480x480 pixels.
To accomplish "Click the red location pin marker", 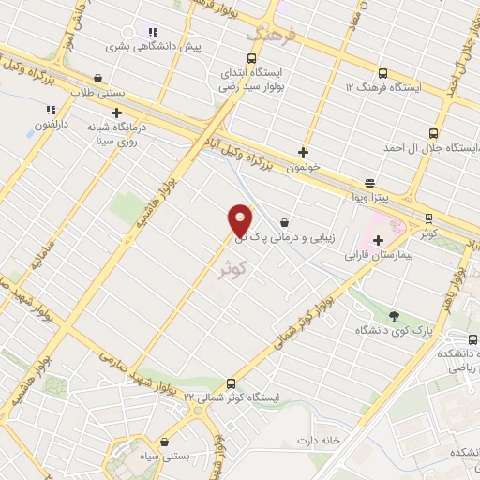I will click(x=240, y=221).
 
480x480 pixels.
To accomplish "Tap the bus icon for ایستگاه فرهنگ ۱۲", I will click(x=382, y=73).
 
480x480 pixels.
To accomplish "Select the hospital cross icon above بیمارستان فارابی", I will click(x=377, y=240).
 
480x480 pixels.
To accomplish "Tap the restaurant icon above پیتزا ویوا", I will click(x=370, y=184).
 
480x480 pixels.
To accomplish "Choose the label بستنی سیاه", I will click(x=164, y=456).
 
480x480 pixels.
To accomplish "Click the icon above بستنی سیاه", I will click(x=164, y=442).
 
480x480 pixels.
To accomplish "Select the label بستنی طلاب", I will click(x=98, y=92).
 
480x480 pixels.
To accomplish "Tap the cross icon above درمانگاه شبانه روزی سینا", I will click(x=115, y=112).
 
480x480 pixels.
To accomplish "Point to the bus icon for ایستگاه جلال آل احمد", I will click(x=432, y=133).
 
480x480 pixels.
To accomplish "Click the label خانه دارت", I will click(x=316, y=441).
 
